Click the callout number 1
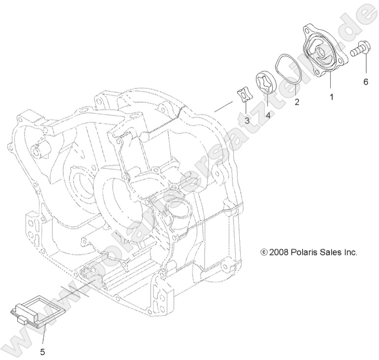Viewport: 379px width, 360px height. [x=331, y=97]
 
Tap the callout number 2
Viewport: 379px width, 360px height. [x=296, y=102]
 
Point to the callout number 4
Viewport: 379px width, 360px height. [x=268, y=115]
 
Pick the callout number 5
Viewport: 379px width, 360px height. [x=42, y=352]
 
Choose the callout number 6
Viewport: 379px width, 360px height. [x=365, y=82]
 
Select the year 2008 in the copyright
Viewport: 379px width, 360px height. [x=279, y=252]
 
